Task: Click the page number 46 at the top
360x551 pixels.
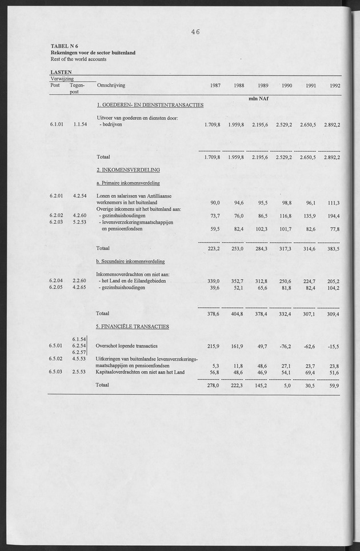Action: coord(195,32)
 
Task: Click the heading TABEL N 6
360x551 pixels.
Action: coord(65,46)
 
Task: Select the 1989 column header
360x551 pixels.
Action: coord(263,86)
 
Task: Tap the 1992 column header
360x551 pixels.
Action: coord(335,86)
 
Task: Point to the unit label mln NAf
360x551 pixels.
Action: coord(259,98)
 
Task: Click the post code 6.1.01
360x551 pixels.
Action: coord(57,124)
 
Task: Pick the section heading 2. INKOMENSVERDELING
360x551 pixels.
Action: coord(128,170)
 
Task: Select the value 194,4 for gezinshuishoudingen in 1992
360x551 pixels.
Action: coord(334,216)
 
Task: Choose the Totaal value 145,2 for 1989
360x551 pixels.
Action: coord(262,385)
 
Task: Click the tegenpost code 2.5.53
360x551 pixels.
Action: coord(79,372)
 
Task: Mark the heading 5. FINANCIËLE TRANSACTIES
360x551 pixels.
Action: coord(133,327)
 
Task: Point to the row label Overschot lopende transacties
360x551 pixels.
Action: coord(126,347)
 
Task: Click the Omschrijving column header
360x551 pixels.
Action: coord(111,86)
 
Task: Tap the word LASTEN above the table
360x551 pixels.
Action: coord(61,73)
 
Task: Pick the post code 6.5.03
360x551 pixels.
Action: coord(57,372)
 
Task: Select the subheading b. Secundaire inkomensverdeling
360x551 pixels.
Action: coord(130,262)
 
